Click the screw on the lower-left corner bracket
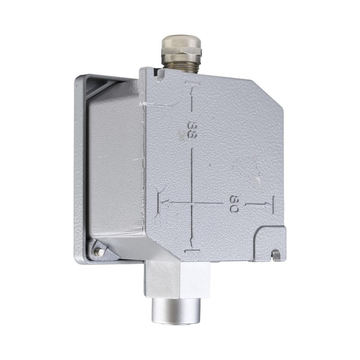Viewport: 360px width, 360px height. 99,252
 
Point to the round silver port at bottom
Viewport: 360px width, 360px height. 176,310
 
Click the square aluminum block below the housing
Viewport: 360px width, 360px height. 177,280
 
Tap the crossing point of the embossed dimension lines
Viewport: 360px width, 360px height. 192,203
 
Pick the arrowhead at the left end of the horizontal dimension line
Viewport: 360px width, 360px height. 165,203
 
